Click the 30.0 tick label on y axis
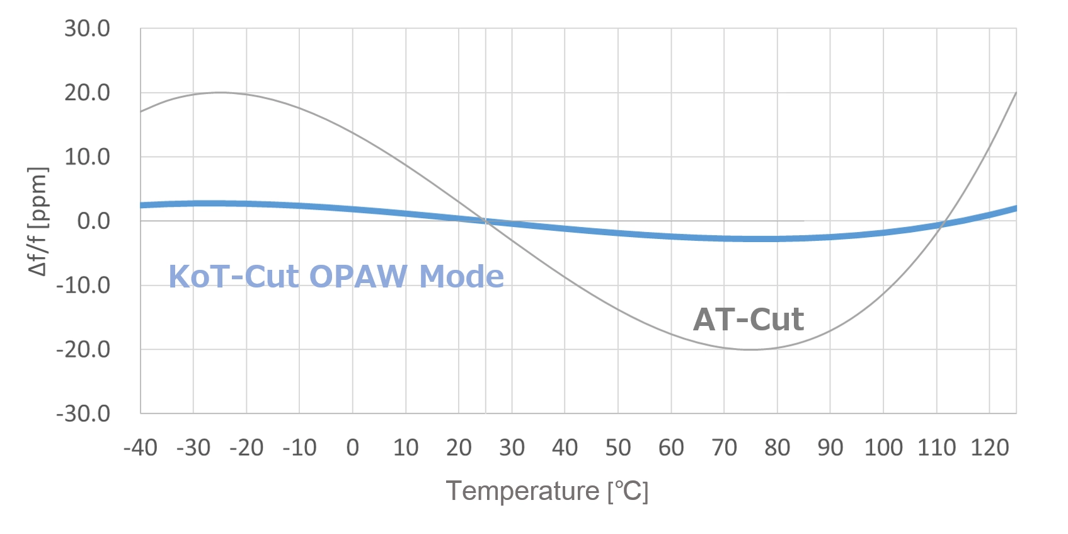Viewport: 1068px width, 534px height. coord(87,29)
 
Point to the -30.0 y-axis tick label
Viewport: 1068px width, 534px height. coord(83,414)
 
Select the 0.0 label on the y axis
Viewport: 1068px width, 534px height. coord(93,221)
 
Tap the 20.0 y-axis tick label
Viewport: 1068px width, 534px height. coord(87,93)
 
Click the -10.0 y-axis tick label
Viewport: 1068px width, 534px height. coord(83,286)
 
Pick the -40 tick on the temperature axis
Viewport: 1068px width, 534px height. coord(140,448)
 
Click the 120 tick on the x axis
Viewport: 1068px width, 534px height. coord(989,448)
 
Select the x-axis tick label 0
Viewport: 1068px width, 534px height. coord(352,448)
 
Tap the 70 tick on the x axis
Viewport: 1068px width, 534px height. coord(724,448)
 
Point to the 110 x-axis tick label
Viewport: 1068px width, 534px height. coord(936,448)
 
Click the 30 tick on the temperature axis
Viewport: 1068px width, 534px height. coord(512,448)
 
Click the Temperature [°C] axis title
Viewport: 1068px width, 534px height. coord(547,491)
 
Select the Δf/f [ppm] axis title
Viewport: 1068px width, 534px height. coord(38,221)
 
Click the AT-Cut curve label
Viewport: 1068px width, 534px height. coord(748,320)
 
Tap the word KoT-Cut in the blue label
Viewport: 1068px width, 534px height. coord(233,277)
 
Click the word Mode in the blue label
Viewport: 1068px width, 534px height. coord(461,277)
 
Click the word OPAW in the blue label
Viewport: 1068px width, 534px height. coord(359,277)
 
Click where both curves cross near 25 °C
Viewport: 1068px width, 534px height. coord(486,221)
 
